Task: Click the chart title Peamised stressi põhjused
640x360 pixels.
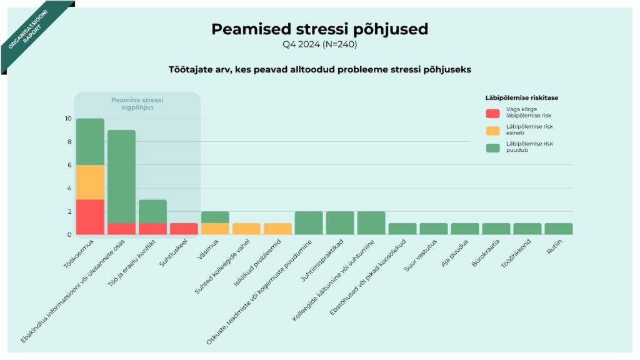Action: coord(319,29)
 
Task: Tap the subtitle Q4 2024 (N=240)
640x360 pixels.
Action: coord(319,44)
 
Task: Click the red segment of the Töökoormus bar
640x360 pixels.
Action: coord(91,217)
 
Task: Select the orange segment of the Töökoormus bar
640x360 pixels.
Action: coord(91,182)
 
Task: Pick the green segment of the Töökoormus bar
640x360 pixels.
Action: coord(91,141)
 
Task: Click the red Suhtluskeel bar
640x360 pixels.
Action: coord(184,229)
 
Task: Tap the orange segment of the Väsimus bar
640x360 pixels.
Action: coord(215,229)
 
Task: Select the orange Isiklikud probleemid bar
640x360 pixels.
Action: coord(277,229)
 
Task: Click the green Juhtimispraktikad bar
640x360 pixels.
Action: coord(340,223)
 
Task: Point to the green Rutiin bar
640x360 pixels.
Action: coord(558,229)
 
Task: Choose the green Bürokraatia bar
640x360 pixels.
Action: coord(496,229)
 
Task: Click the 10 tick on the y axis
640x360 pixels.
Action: coord(68,119)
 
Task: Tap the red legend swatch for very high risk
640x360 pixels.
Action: coord(493,113)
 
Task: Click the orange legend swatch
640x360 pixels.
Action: coord(493,130)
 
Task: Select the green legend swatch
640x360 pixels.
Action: coord(493,147)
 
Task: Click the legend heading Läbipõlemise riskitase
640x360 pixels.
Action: coord(522,97)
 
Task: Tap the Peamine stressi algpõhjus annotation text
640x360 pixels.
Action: coord(137,104)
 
